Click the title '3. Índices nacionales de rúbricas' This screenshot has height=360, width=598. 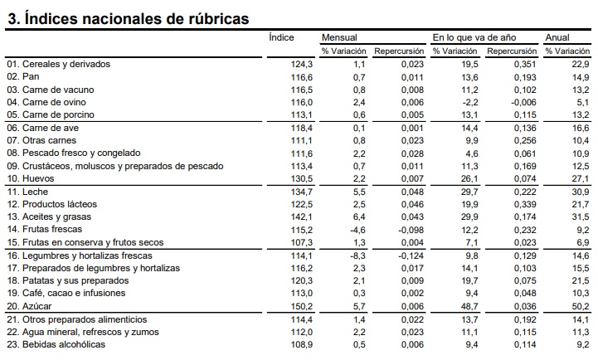click(129, 18)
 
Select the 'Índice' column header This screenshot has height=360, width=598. click(281, 37)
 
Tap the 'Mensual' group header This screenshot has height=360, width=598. click(339, 37)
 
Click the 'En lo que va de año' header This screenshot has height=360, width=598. click(474, 37)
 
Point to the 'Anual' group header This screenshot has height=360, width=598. click(557, 37)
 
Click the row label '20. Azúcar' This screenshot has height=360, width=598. click(29, 306)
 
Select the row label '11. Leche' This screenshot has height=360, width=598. click(27, 192)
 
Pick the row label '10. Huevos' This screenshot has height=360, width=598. click(31, 178)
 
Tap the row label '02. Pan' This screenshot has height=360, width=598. click(23, 76)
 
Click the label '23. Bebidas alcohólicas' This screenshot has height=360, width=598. click(56, 344)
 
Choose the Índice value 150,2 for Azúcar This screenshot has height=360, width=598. click(302, 306)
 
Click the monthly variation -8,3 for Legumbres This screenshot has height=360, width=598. click(357, 255)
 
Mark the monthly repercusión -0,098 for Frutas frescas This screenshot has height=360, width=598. click(411, 230)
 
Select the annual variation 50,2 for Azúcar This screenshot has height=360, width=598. click(581, 306)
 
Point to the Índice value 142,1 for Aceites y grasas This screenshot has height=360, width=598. click(302, 216)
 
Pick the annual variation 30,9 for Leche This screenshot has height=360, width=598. click(581, 192)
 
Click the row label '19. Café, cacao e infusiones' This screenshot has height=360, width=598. click(66, 293)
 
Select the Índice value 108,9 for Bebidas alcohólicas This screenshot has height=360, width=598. click(302, 344)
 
